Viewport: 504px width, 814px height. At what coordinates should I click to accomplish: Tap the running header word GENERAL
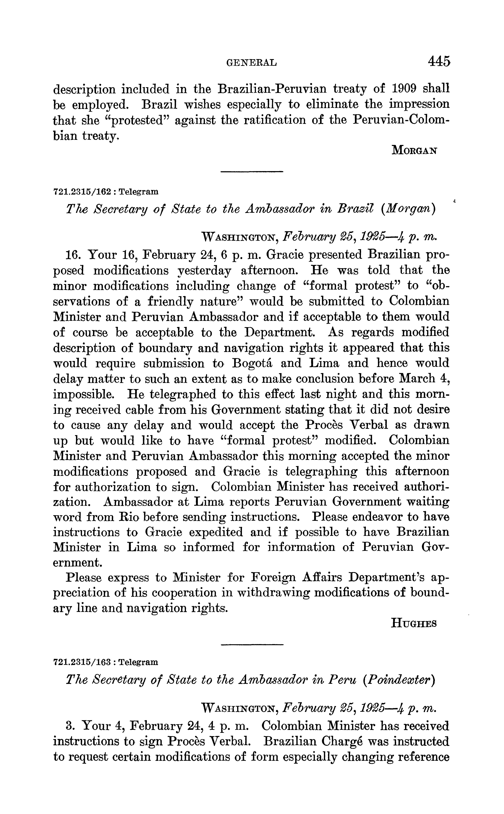(252, 63)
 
